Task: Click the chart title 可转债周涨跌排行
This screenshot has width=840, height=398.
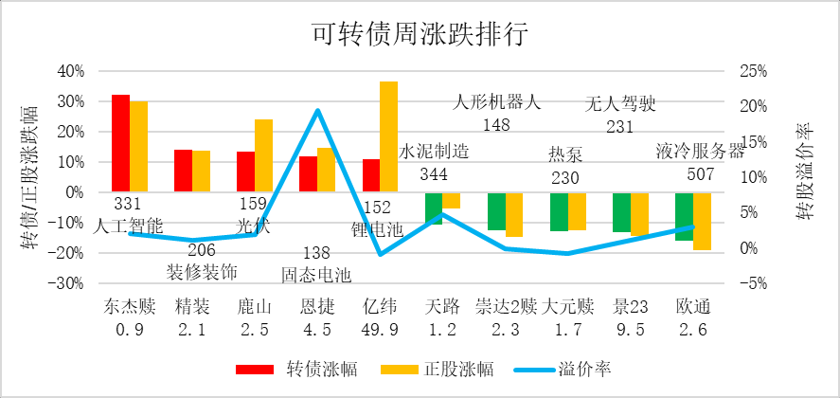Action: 420,34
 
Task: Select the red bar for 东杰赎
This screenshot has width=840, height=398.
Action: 120,143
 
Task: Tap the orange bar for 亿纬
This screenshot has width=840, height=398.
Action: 388,136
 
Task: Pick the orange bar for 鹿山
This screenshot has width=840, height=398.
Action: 263,155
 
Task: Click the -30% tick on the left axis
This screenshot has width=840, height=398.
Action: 68,283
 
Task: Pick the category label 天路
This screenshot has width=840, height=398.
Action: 442,307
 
